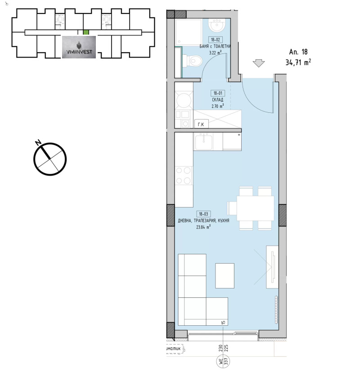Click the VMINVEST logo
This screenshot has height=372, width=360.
79,47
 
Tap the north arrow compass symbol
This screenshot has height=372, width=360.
50,159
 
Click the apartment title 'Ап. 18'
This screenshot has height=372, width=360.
297,52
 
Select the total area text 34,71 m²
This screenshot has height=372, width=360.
298,62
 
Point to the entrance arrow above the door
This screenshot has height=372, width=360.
258,63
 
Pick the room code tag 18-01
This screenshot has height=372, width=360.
218,93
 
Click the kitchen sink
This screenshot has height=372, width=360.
204,142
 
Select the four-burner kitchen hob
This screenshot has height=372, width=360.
184,175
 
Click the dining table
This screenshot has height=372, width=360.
255,208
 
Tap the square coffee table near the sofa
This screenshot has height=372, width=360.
225,275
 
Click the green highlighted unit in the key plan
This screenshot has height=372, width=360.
86,32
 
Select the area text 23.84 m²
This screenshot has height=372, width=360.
204,227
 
